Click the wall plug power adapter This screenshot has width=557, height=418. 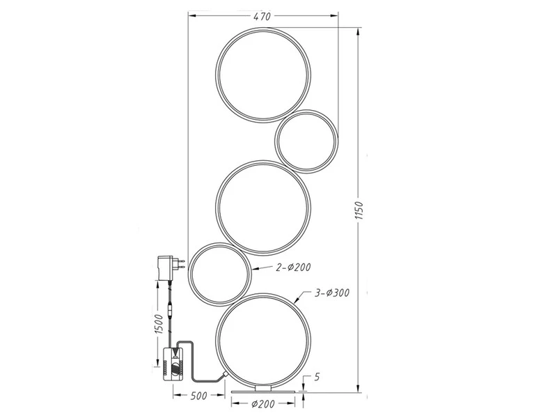tap(168, 265)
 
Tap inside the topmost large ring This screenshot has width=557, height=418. tap(262, 75)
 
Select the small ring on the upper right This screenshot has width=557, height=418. tap(306, 140)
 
